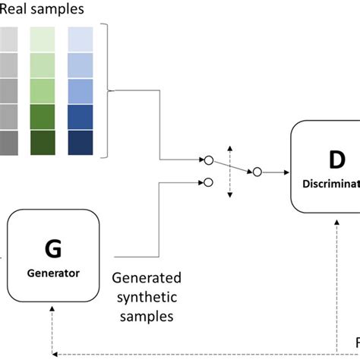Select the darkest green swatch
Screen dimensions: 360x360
pos(43,144)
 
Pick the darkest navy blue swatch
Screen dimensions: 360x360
pos(81,144)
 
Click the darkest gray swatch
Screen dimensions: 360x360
pos(8,144)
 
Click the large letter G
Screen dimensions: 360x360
pos(52,249)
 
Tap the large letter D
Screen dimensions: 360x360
pos(336,160)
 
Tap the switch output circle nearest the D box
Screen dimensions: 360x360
pos(257,172)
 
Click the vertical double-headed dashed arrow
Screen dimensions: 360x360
pos(230,171)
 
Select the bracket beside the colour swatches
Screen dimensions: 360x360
pos(111,91)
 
